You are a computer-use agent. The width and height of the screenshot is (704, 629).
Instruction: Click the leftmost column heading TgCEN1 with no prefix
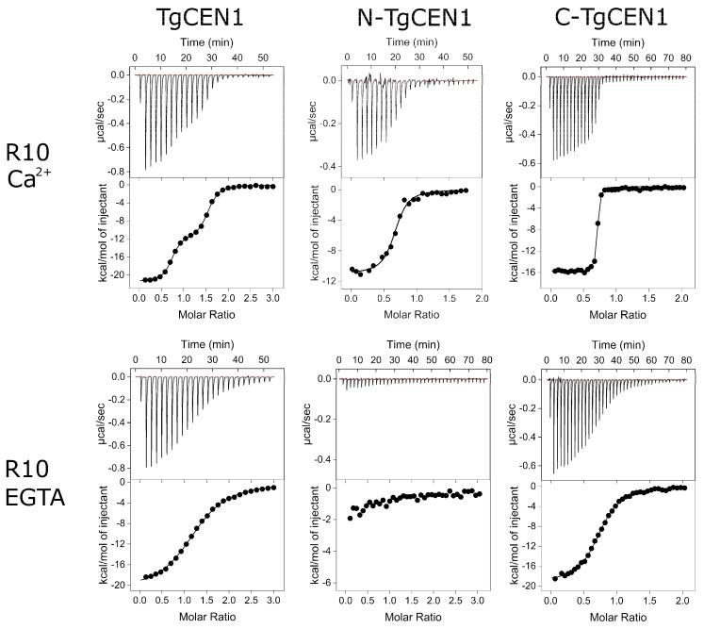(203, 18)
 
